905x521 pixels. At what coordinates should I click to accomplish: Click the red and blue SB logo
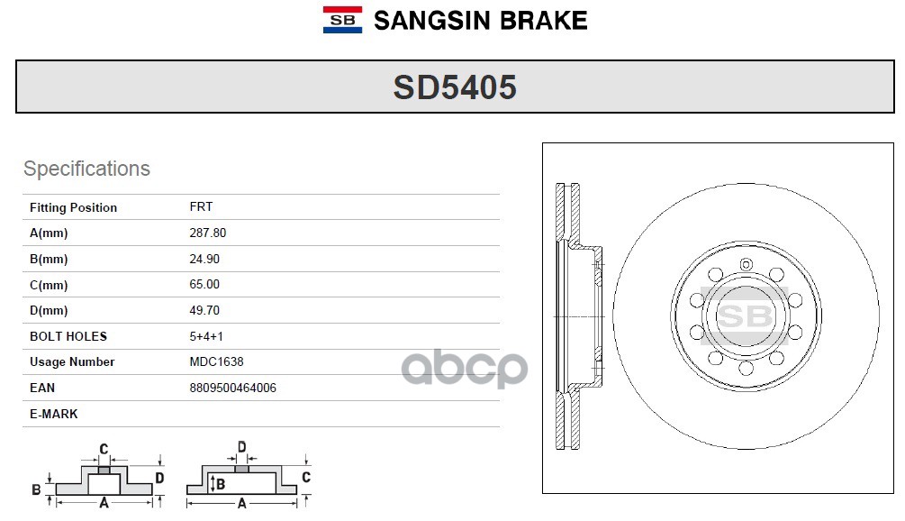(x=342, y=20)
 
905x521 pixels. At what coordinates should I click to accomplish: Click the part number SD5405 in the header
(x=455, y=87)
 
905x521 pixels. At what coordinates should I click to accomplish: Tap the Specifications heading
(x=86, y=169)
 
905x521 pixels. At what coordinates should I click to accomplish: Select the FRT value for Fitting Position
(x=201, y=206)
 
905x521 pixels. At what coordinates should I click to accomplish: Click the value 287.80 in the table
(x=208, y=233)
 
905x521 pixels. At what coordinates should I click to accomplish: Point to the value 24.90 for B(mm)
(x=204, y=259)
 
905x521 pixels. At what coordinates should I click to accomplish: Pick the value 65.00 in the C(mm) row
(x=204, y=284)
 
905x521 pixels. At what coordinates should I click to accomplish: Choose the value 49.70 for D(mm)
(x=204, y=310)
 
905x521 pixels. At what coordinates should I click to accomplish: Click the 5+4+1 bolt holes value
(x=206, y=336)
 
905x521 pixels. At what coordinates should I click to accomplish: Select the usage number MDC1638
(x=216, y=361)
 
